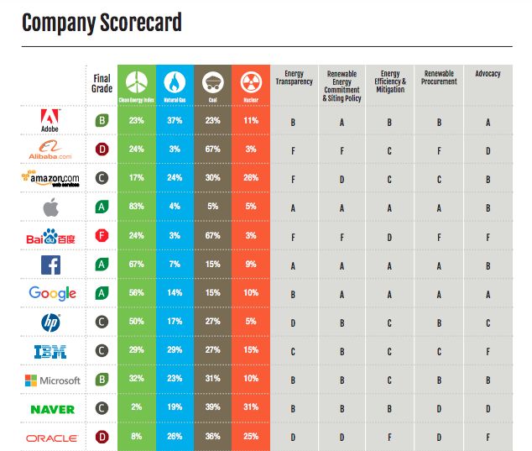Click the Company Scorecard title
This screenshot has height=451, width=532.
[102, 22]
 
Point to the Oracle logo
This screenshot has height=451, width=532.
[52, 438]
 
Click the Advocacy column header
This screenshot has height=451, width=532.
[488, 74]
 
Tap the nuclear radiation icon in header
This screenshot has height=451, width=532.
[251, 81]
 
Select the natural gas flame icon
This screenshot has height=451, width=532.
[174, 81]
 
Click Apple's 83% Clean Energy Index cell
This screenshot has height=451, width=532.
[136, 207]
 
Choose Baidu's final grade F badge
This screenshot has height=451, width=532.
[101, 236]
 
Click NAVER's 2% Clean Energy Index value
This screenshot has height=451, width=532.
[136, 409]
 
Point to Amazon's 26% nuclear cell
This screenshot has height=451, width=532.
[251, 178]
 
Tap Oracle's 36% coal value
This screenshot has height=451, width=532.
[212, 438]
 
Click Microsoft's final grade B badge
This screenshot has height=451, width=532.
[101, 380]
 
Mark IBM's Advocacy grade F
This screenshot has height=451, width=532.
[488, 351]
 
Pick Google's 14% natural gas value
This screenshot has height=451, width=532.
[174, 293]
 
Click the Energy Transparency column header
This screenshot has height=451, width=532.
[294, 77]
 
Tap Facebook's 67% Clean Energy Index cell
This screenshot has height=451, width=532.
[136, 265]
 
